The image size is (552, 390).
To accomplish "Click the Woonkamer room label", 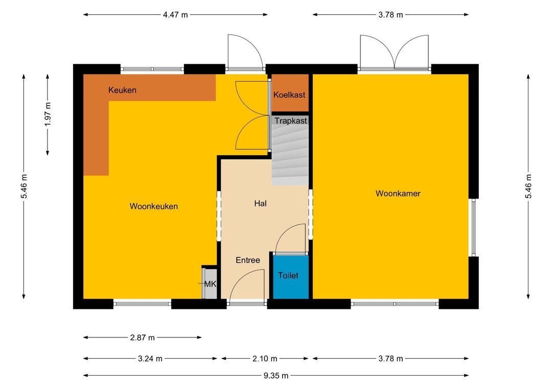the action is (x=398, y=193).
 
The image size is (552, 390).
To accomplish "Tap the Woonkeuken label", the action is (x=153, y=206).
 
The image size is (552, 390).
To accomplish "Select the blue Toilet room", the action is (x=291, y=277).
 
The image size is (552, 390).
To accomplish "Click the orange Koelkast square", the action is (x=290, y=93).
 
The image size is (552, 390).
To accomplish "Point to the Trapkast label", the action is (x=291, y=120).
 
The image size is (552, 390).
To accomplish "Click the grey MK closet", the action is (x=210, y=284).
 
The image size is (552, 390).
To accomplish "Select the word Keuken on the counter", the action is (x=122, y=90).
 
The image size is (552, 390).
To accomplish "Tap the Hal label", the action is (x=260, y=203).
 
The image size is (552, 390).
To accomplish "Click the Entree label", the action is (x=248, y=260).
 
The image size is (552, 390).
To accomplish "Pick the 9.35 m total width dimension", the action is (x=276, y=376).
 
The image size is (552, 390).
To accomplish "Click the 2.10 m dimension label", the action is (x=265, y=359).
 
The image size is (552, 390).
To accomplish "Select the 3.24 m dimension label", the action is (x=150, y=359).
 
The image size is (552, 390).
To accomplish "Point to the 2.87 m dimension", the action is (x=142, y=337).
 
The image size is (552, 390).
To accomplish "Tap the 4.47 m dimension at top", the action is (x=175, y=15).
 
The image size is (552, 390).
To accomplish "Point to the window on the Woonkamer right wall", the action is (x=473, y=228).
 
